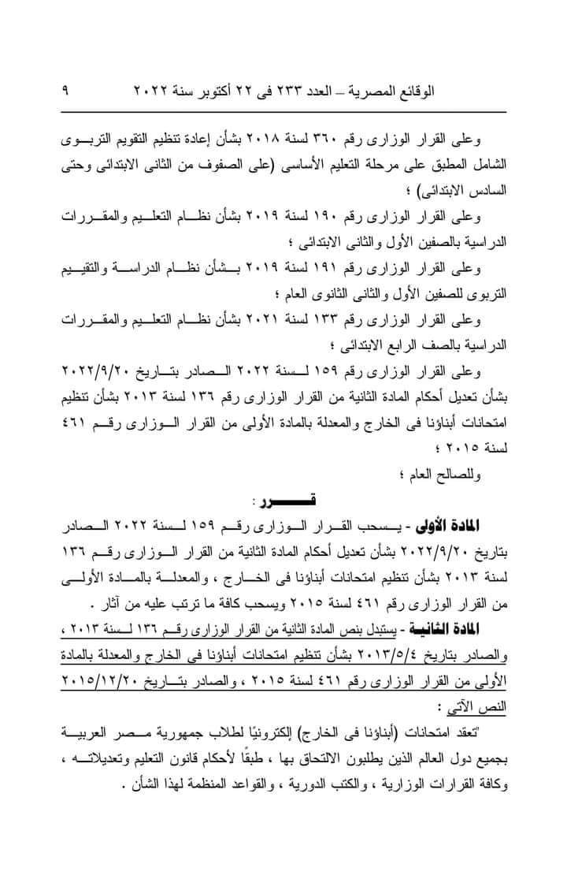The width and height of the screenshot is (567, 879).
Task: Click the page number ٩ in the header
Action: (x=65, y=91)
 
